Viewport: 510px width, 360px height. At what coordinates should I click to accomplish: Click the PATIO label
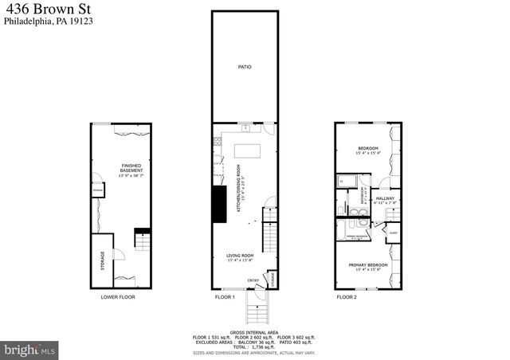(245, 67)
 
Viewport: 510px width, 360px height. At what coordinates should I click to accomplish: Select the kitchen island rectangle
(245, 151)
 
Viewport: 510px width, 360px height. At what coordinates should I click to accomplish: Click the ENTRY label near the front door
(253, 280)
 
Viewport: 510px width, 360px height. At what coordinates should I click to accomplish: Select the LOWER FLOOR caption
(118, 296)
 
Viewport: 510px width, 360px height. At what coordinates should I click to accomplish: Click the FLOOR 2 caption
(347, 296)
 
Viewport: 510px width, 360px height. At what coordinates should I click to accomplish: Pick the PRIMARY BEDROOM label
(367, 264)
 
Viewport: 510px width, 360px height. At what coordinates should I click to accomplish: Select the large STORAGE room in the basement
(102, 261)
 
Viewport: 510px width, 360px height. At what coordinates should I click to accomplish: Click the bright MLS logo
(30, 349)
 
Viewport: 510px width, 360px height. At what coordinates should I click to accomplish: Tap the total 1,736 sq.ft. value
(265, 348)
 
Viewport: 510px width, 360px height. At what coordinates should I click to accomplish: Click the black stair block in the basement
(142, 237)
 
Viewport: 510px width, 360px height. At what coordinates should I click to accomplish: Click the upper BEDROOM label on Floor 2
(367, 149)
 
